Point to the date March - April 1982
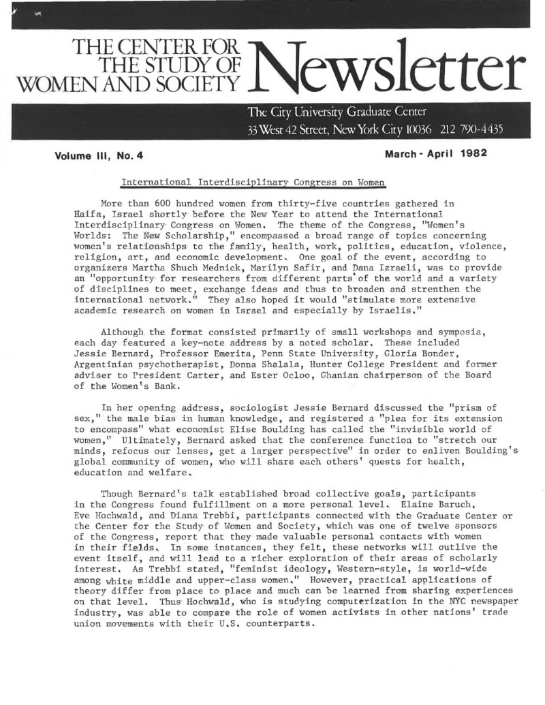coord(436,153)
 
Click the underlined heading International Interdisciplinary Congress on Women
coord(253,183)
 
